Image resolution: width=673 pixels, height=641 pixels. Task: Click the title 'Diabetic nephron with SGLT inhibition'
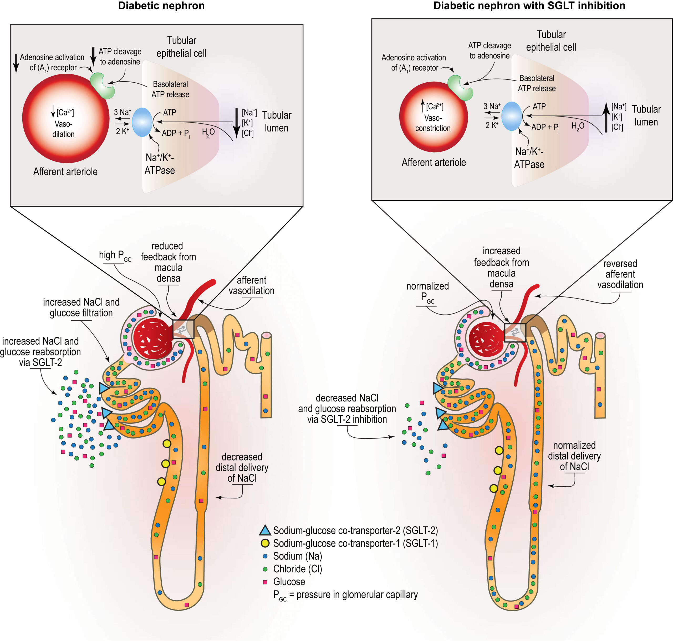click(529, 6)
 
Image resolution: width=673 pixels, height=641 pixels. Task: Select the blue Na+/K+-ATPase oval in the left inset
click(142, 122)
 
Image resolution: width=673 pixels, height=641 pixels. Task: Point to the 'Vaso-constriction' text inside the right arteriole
click(433, 123)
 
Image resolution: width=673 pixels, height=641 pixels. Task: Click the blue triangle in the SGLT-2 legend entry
click(265, 530)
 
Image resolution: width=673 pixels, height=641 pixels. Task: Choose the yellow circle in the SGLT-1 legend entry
click(265, 543)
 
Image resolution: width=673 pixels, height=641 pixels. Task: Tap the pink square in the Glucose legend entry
click(265, 582)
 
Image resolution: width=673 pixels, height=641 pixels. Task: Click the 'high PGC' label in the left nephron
click(114, 256)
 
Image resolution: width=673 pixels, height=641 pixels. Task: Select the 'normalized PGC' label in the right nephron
click(427, 291)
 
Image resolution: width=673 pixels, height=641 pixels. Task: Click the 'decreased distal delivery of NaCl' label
click(242, 467)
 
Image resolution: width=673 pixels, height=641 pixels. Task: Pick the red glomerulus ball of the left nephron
click(153, 339)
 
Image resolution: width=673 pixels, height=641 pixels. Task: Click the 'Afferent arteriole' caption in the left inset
click(65, 171)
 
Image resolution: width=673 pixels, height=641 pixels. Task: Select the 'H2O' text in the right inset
click(578, 127)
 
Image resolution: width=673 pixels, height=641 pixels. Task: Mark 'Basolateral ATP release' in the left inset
click(170, 89)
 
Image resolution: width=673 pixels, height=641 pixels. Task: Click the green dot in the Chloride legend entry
click(265, 569)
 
